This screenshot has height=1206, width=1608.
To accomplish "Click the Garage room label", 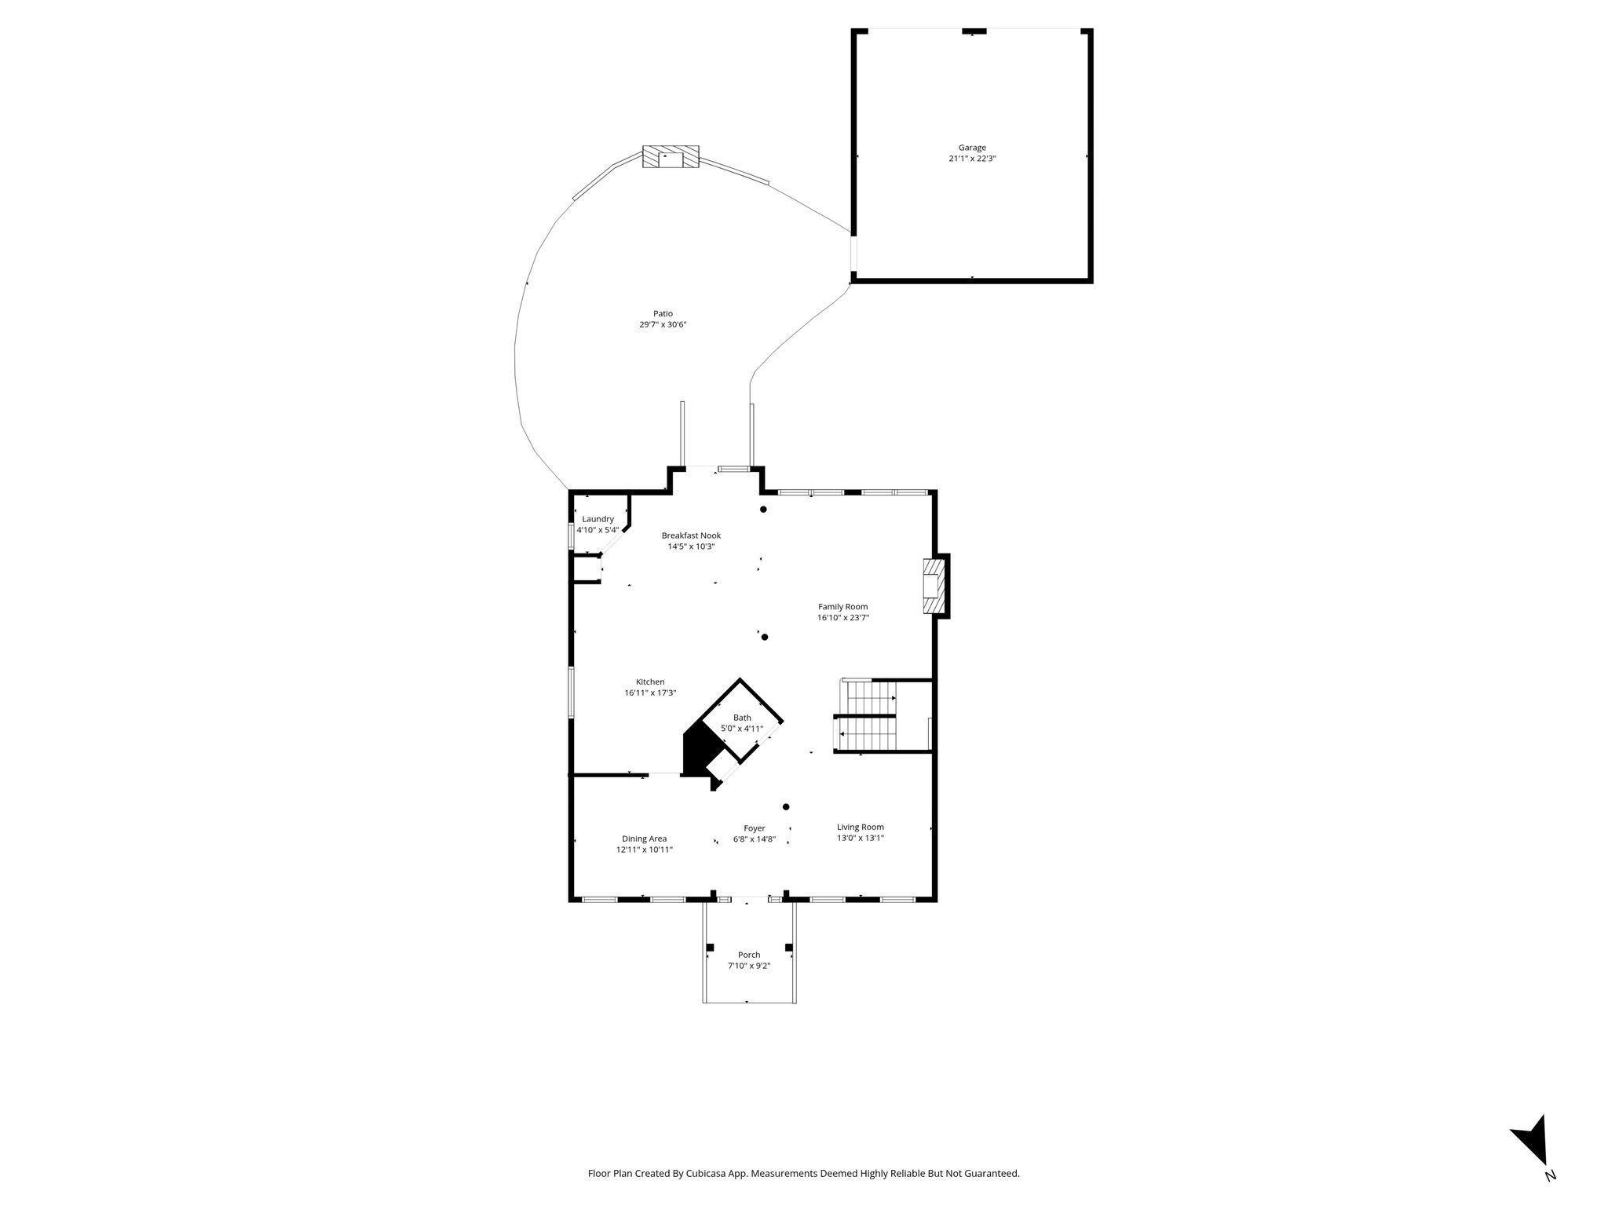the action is pos(972,148).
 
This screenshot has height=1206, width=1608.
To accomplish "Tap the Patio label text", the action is pos(663,313).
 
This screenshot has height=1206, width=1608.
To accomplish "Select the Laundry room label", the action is pos(598,519).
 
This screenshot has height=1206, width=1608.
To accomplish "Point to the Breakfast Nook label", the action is pos(691,535).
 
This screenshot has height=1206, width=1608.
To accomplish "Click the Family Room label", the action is pos(842,606).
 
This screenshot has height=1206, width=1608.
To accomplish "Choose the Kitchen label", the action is pos(650,682).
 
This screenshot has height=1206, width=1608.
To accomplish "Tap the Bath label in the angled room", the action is pos(742,718).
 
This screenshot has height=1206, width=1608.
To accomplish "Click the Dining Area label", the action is pos(645,839).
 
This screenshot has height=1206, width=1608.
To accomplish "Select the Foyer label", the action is pos(755,828).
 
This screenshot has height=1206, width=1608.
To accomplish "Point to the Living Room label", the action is pos(861,827).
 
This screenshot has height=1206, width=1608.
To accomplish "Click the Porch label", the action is pos(749,955).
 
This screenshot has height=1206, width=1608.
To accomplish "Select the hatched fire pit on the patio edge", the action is pos(671,156).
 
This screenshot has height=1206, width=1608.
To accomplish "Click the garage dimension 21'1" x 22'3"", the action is pos(972,159).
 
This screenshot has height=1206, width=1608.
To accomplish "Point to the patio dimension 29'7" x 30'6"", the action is pos(663,324).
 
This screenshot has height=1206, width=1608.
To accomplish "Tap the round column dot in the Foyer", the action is pos(786,806).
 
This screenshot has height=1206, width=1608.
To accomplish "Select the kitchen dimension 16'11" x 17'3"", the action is pos(650,693).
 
